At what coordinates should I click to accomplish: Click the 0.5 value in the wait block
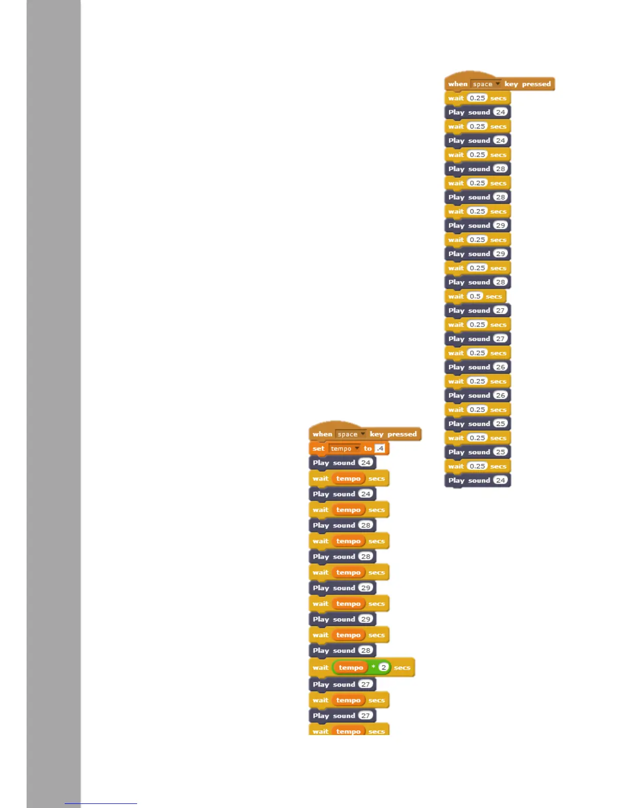point(475,296)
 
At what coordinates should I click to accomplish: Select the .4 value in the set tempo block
point(380,448)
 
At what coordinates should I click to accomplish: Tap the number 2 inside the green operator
point(384,667)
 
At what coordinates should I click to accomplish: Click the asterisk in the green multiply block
point(373,667)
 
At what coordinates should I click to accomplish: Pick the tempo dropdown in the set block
point(345,448)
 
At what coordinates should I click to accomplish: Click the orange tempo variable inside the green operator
point(351,667)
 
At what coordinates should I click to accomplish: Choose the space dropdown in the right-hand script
point(485,84)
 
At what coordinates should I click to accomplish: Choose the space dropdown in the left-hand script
point(350,434)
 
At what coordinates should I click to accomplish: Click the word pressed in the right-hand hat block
point(536,84)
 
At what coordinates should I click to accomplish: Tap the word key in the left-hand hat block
point(376,434)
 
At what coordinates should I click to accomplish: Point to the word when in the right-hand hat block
point(457,84)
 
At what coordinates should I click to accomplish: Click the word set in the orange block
point(319,448)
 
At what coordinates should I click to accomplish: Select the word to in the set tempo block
point(368,448)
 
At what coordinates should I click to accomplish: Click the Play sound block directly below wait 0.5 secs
point(477,311)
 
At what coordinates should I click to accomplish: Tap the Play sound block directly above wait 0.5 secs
point(477,282)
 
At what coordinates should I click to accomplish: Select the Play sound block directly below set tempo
point(342,463)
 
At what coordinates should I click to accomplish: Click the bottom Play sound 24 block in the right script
point(477,481)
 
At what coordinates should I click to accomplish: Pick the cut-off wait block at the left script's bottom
point(348,731)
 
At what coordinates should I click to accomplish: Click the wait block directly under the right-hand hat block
point(477,98)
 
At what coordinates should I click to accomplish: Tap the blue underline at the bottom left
point(101,803)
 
